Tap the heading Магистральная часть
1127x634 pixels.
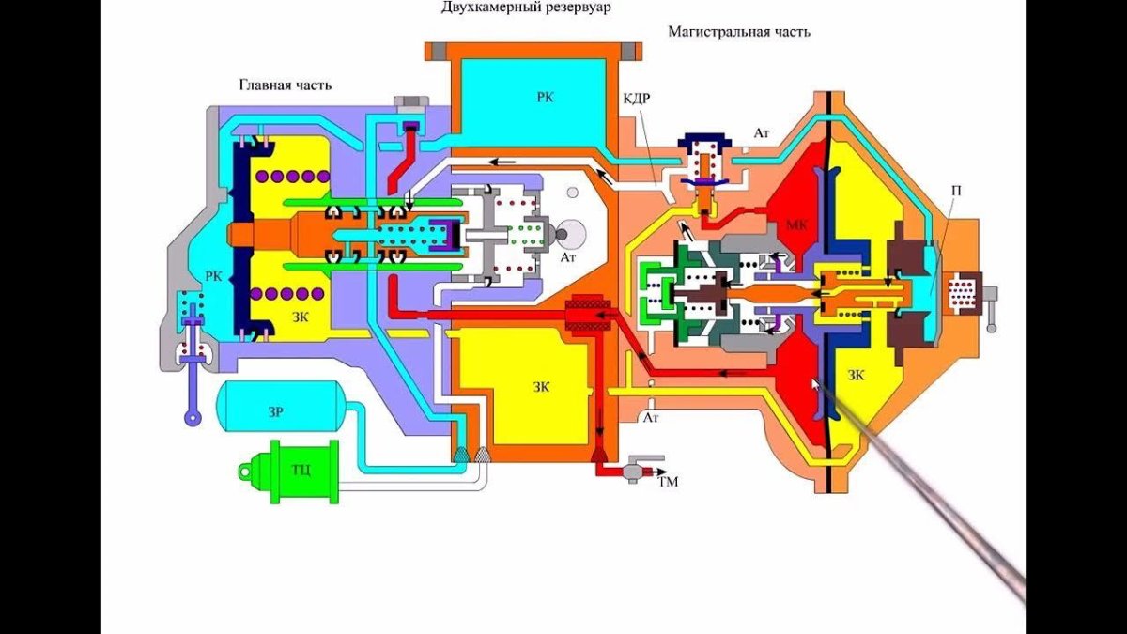coord(739,31)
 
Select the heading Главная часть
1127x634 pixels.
coord(285,85)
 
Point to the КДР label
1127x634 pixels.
coord(636,99)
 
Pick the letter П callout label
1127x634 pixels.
coord(955,191)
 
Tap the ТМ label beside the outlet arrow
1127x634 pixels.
coord(669,482)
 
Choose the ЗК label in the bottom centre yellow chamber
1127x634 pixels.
coord(542,386)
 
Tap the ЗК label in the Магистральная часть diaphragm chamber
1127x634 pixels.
coord(856,375)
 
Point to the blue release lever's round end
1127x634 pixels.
coord(193,419)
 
